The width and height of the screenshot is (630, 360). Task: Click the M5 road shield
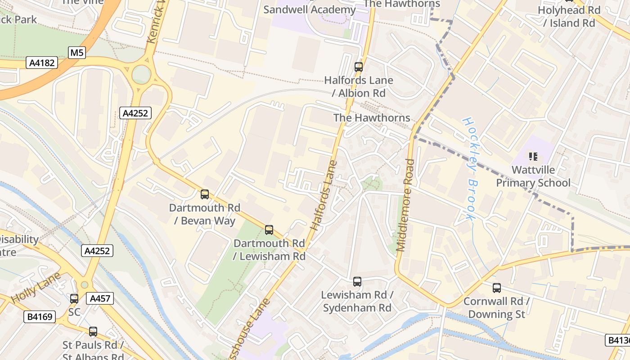click(77, 53)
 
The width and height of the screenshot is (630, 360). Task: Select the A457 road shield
click(99, 298)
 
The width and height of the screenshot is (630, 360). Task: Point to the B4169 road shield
click(40, 317)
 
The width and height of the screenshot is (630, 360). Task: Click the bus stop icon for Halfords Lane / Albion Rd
click(359, 67)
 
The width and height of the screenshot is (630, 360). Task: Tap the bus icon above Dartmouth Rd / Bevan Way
click(205, 194)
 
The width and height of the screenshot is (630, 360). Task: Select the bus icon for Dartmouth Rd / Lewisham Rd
click(269, 230)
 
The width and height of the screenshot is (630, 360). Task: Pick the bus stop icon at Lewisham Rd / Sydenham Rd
click(357, 282)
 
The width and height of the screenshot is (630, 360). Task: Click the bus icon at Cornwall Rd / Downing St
click(497, 288)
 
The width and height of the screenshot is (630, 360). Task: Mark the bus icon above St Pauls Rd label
click(93, 332)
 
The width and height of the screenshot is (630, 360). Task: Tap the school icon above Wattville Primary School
click(533, 157)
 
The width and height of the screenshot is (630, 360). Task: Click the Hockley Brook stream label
click(469, 169)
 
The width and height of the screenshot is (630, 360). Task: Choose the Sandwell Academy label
click(309, 9)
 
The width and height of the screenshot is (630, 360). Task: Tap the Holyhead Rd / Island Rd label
click(569, 16)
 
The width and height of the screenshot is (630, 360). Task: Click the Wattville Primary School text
click(533, 176)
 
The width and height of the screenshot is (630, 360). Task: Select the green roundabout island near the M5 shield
click(141, 74)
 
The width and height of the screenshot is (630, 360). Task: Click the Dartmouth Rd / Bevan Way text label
click(205, 214)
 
